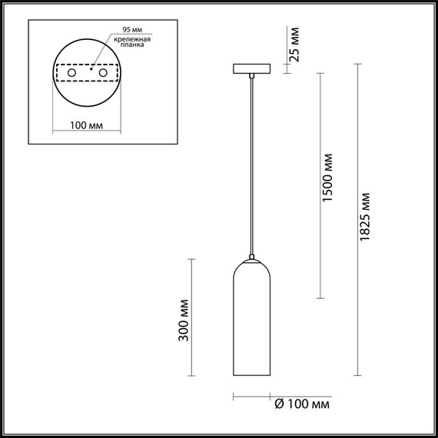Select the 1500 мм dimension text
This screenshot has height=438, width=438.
point(327,181)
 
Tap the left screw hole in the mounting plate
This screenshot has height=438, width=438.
point(72,72)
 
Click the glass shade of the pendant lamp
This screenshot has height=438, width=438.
point(251,323)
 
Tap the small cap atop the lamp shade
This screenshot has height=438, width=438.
point(251,256)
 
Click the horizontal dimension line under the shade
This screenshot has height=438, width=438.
point(251,397)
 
